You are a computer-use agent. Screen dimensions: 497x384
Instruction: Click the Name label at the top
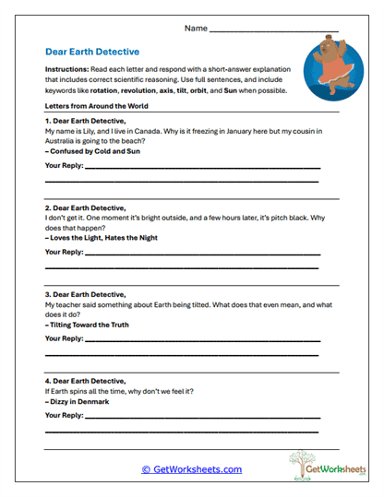tap(196, 29)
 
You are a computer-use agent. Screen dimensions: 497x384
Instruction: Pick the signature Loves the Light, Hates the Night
tap(102, 237)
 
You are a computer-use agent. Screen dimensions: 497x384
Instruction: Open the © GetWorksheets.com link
tap(191, 469)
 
